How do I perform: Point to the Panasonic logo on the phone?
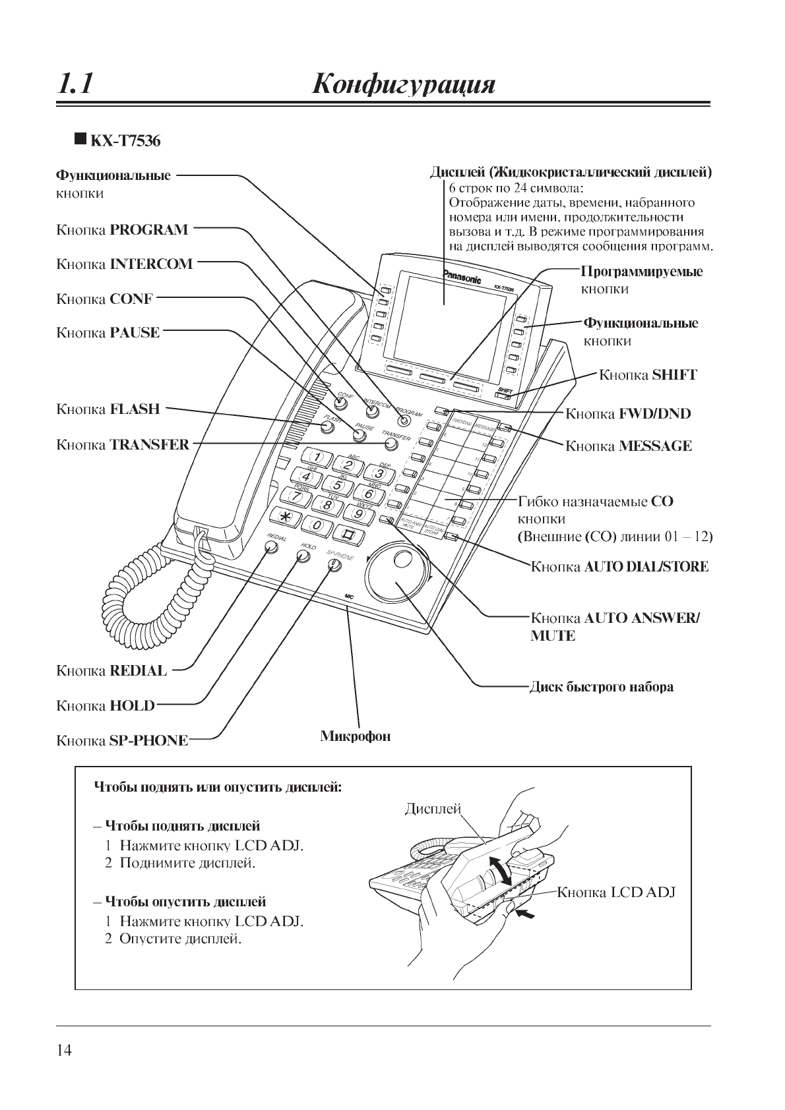pos(461,277)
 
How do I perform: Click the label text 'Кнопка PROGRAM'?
pos(122,231)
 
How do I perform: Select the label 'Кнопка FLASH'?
pos(108,409)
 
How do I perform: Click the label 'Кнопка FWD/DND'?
pos(629,414)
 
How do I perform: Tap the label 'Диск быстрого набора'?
pos(602,687)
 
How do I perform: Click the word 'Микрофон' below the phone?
pos(356,736)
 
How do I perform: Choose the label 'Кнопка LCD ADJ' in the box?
pos(616,893)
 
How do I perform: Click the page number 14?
pos(64,1051)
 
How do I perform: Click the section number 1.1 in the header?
pos(75,85)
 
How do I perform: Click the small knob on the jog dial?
pos(402,560)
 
